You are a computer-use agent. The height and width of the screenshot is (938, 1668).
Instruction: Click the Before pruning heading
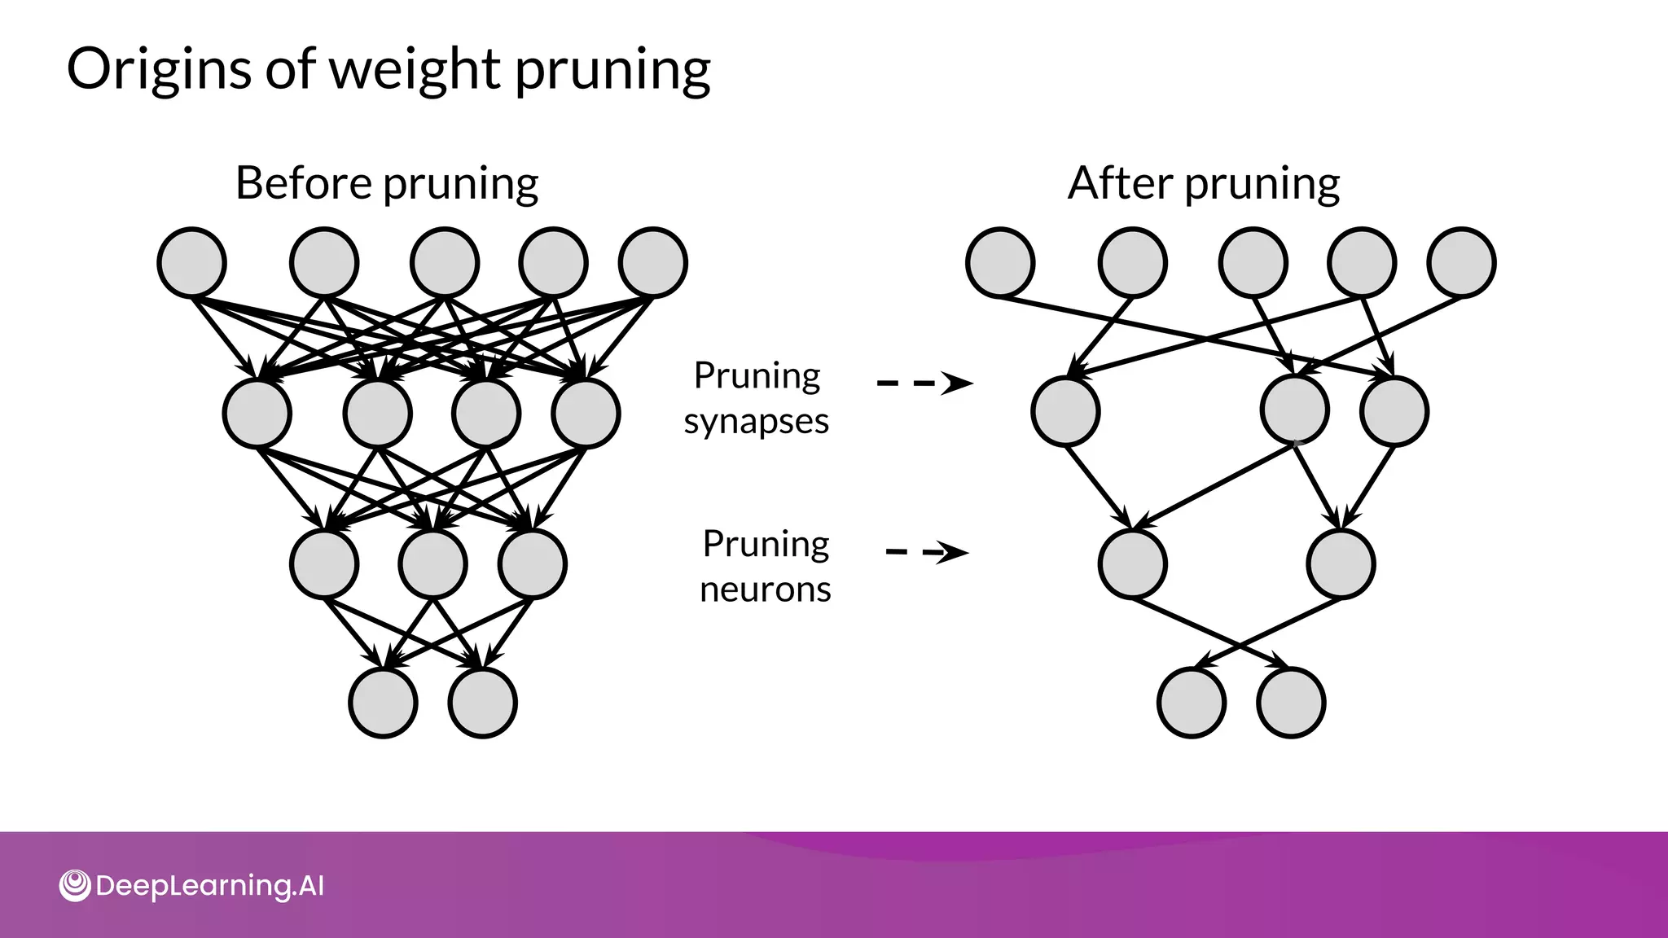pos(386,183)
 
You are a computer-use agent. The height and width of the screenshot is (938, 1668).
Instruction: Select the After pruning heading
pos(1203,183)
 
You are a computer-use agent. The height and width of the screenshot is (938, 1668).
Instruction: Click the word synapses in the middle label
pos(756,422)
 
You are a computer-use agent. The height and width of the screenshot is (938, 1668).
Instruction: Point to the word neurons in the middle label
pos(765,589)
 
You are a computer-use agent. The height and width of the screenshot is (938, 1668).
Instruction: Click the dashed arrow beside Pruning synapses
pos(924,383)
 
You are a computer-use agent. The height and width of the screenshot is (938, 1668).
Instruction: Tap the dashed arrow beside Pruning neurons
pos(927,552)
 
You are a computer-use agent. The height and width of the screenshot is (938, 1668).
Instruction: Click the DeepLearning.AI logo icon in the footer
pos(75,886)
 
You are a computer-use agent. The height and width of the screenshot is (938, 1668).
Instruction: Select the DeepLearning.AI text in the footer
pos(209,886)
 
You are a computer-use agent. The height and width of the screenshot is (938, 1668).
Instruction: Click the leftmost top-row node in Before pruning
pos(191,262)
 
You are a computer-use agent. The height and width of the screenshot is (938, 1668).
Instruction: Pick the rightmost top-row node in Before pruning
pos(653,262)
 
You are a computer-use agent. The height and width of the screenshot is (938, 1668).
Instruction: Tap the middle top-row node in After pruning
pos(1253,262)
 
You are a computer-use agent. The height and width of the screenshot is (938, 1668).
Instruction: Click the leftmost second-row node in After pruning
pos(1065,411)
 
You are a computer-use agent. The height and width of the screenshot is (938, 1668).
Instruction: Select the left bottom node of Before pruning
pos(383,703)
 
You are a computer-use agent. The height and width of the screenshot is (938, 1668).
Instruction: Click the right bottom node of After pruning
pos(1291,703)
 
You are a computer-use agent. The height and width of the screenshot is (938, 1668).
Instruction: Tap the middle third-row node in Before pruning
pos(433,563)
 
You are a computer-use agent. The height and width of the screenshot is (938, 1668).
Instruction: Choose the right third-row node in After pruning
pos(1341,563)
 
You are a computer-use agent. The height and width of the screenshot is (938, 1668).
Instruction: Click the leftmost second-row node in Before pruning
pos(257,413)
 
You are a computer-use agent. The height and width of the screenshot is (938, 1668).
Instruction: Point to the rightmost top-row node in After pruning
pos(1462,262)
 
